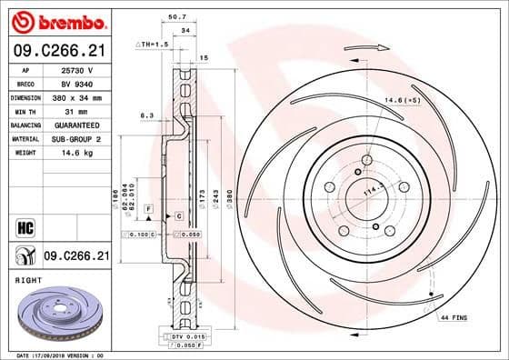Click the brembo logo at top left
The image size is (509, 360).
click(56, 21)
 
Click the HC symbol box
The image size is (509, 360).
click(22, 224)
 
